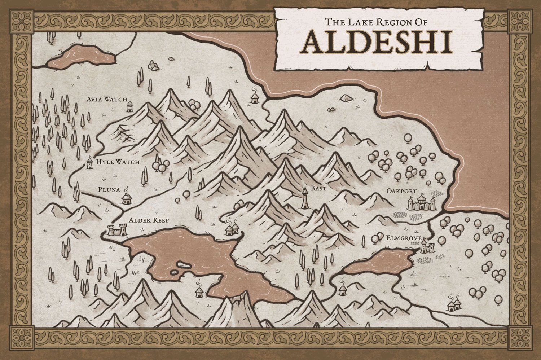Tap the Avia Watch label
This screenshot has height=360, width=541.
pos(107,99)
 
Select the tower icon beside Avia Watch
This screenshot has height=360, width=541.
pos(130,106)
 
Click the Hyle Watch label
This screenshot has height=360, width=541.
pos(118,162)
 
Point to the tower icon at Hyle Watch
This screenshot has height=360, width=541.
pos(89,162)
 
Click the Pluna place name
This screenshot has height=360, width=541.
pos(109,189)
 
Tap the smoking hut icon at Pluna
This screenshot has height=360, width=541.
pos(126,198)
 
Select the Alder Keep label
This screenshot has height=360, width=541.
pos(149,220)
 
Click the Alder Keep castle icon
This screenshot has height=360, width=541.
pos(118,230)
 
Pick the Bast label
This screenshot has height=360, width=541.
pos(318,188)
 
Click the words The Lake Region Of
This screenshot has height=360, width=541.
pos(376,22)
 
